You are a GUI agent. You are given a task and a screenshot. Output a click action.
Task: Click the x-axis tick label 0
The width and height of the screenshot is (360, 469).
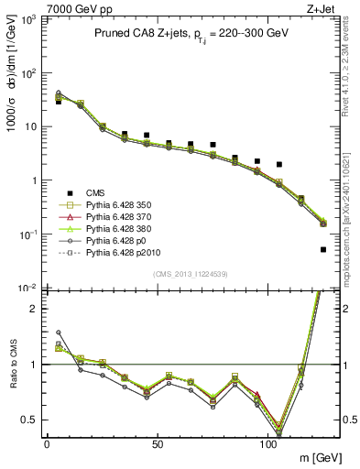pos(47,443)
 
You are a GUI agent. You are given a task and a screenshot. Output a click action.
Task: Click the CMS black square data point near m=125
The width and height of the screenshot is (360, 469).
pos(323,249)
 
